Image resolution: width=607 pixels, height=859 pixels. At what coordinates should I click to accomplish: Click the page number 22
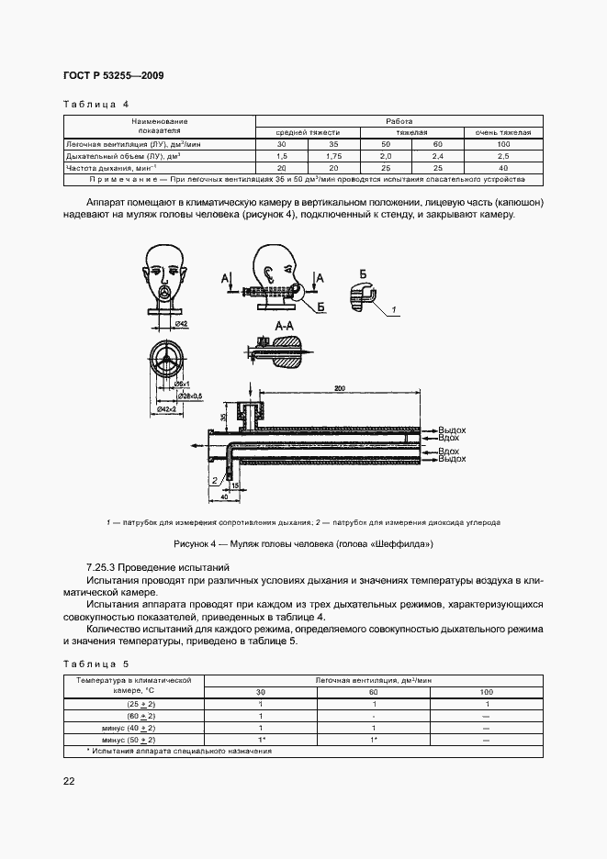tap(69, 781)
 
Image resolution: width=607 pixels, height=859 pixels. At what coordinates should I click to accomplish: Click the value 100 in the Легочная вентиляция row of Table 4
tap(502, 145)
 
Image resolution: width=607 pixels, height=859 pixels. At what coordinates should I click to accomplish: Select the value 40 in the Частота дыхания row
tap(502, 169)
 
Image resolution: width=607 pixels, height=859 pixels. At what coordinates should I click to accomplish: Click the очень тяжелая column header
tap(502, 133)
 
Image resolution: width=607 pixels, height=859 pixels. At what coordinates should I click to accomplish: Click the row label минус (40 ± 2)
tap(132, 727)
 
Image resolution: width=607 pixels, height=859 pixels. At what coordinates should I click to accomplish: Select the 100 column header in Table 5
tap(486, 691)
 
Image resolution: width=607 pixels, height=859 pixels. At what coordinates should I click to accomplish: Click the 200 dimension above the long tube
tap(340, 389)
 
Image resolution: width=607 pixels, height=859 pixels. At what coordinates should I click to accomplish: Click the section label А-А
tap(285, 325)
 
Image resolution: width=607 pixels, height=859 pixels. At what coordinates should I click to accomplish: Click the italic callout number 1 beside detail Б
tap(394, 312)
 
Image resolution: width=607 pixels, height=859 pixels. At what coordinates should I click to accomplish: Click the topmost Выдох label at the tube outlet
tap(452, 429)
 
